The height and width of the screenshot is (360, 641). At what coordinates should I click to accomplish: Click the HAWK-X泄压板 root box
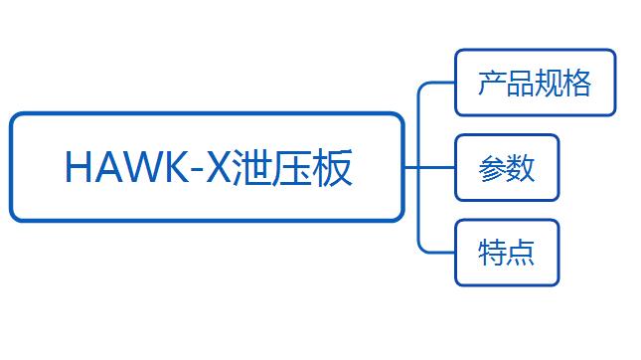(x=207, y=167)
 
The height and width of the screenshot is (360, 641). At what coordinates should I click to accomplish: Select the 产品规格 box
(x=535, y=83)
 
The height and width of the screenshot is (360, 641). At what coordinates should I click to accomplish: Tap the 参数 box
(x=507, y=168)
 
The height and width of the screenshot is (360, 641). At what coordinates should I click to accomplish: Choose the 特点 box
(x=507, y=253)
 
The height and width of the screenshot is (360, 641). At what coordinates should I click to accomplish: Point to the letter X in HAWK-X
(x=219, y=167)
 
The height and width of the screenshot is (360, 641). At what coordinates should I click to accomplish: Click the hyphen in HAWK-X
(x=196, y=172)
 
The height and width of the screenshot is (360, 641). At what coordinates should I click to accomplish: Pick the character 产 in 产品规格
(x=492, y=83)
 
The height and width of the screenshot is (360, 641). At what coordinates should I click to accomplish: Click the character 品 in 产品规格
(x=521, y=83)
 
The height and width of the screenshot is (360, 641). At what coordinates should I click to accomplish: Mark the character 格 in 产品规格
(x=577, y=83)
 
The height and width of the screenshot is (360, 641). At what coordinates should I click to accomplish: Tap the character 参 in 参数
(x=492, y=168)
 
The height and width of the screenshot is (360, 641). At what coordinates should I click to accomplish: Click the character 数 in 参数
(x=521, y=168)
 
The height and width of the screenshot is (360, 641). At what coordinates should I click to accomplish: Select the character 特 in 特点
(x=492, y=253)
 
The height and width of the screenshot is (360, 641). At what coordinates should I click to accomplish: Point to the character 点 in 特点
(x=521, y=253)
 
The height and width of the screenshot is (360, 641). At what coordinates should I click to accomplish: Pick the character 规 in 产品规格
(x=549, y=83)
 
